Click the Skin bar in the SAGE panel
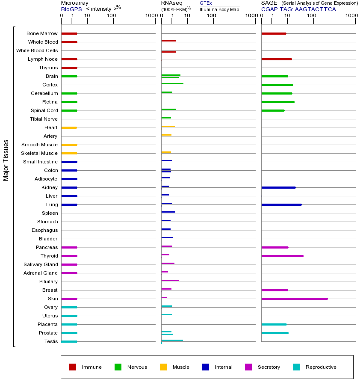[295, 299]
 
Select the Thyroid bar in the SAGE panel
[282, 256]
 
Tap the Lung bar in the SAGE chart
[281, 204]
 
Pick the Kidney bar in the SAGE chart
[278, 187]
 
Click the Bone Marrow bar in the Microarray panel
[69, 33]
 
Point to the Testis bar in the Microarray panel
[69, 341]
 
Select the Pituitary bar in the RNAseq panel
[170, 280]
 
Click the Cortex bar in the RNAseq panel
[172, 84]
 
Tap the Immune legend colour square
[73, 367]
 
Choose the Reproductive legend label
[321, 367]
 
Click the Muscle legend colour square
[163, 367]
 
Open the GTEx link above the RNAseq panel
[206, 3]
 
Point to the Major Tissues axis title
[6, 160]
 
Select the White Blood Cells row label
[37, 50]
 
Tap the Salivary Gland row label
[41, 264]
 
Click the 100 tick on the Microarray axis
[112, 16]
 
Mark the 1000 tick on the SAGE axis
[351, 16]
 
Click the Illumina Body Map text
[219, 9]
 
